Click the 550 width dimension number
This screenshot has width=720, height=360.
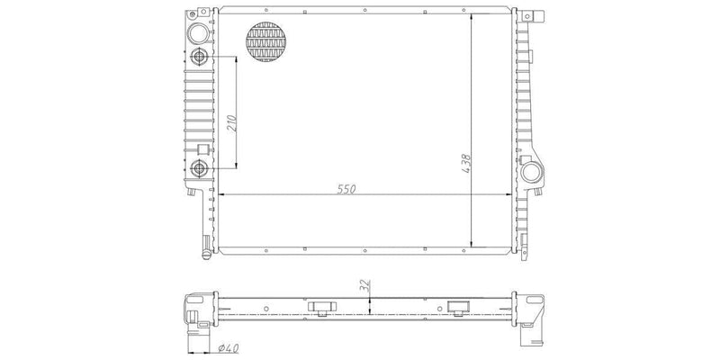pos(346,189)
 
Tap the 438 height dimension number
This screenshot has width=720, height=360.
pos(466,164)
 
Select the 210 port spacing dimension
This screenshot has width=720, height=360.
pos(232,123)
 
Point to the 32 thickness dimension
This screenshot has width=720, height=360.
pos(365,285)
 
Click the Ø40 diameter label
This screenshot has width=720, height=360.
pos(229,349)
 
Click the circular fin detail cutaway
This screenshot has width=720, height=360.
pos(265,41)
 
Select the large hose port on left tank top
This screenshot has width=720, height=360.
pos(198,33)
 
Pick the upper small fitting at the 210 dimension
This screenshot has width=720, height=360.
pos(199,57)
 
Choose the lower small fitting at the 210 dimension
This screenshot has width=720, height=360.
pos(199,168)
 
